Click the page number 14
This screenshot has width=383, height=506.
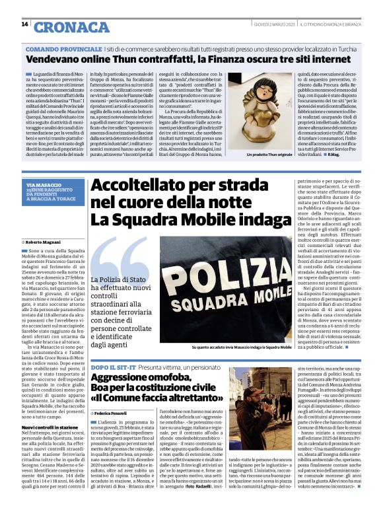(25, 24)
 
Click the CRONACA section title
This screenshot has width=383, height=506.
(72, 27)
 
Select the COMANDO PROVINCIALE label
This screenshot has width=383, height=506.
(63, 50)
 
